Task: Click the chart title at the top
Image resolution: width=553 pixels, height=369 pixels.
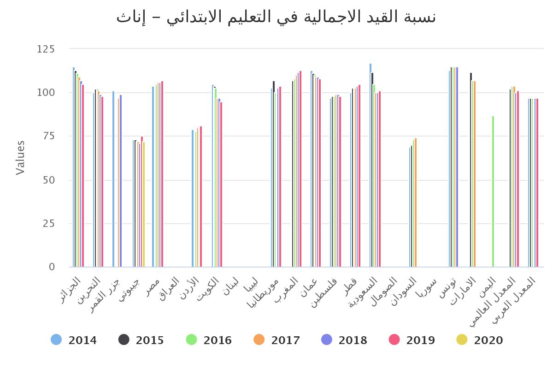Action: tap(276, 17)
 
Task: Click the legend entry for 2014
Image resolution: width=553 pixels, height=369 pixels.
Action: tap(74, 340)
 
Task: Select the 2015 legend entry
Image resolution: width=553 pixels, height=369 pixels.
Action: tap(141, 340)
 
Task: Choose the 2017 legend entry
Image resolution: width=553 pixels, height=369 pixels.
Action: tap(276, 340)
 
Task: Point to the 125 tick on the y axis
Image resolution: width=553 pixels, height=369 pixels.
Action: tap(46, 49)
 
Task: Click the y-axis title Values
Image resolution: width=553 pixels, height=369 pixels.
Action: tap(20, 158)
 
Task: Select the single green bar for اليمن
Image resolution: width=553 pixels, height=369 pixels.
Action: tap(493, 191)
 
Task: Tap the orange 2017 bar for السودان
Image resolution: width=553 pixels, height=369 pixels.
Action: tap(416, 202)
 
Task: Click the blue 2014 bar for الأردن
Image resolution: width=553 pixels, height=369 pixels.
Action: tap(193, 198)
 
